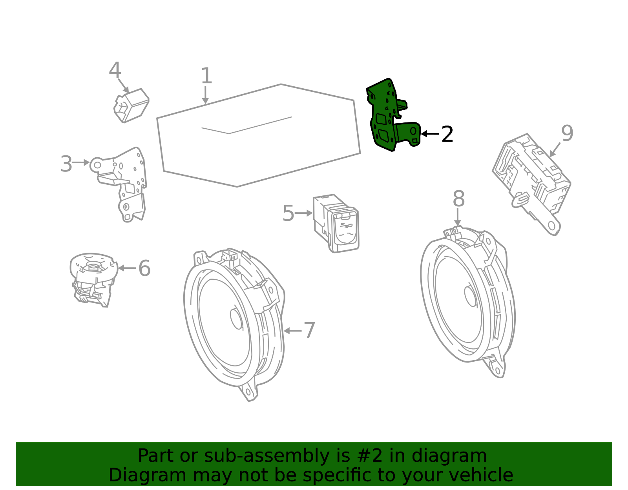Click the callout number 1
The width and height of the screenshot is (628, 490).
tap(206, 76)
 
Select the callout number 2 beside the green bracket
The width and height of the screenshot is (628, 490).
tap(447, 134)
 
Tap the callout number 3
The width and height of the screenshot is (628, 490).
tap(66, 164)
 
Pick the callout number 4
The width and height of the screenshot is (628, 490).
tap(115, 70)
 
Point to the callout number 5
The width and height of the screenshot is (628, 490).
tap(288, 213)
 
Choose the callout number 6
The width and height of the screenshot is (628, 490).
tap(144, 268)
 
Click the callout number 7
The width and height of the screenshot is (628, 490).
tap(309, 330)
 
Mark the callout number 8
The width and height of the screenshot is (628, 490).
tap(459, 199)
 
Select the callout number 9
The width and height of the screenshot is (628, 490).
tap(567, 133)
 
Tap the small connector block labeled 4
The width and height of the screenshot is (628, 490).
tap(131, 106)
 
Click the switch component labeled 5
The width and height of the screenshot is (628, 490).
tap(336, 223)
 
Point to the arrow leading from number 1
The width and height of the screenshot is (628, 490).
tap(205, 95)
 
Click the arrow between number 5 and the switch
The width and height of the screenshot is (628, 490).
tap(303, 213)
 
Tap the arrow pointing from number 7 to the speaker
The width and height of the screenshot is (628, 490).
tap(292, 331)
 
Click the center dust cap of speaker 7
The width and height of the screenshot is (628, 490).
tap(236, 319)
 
